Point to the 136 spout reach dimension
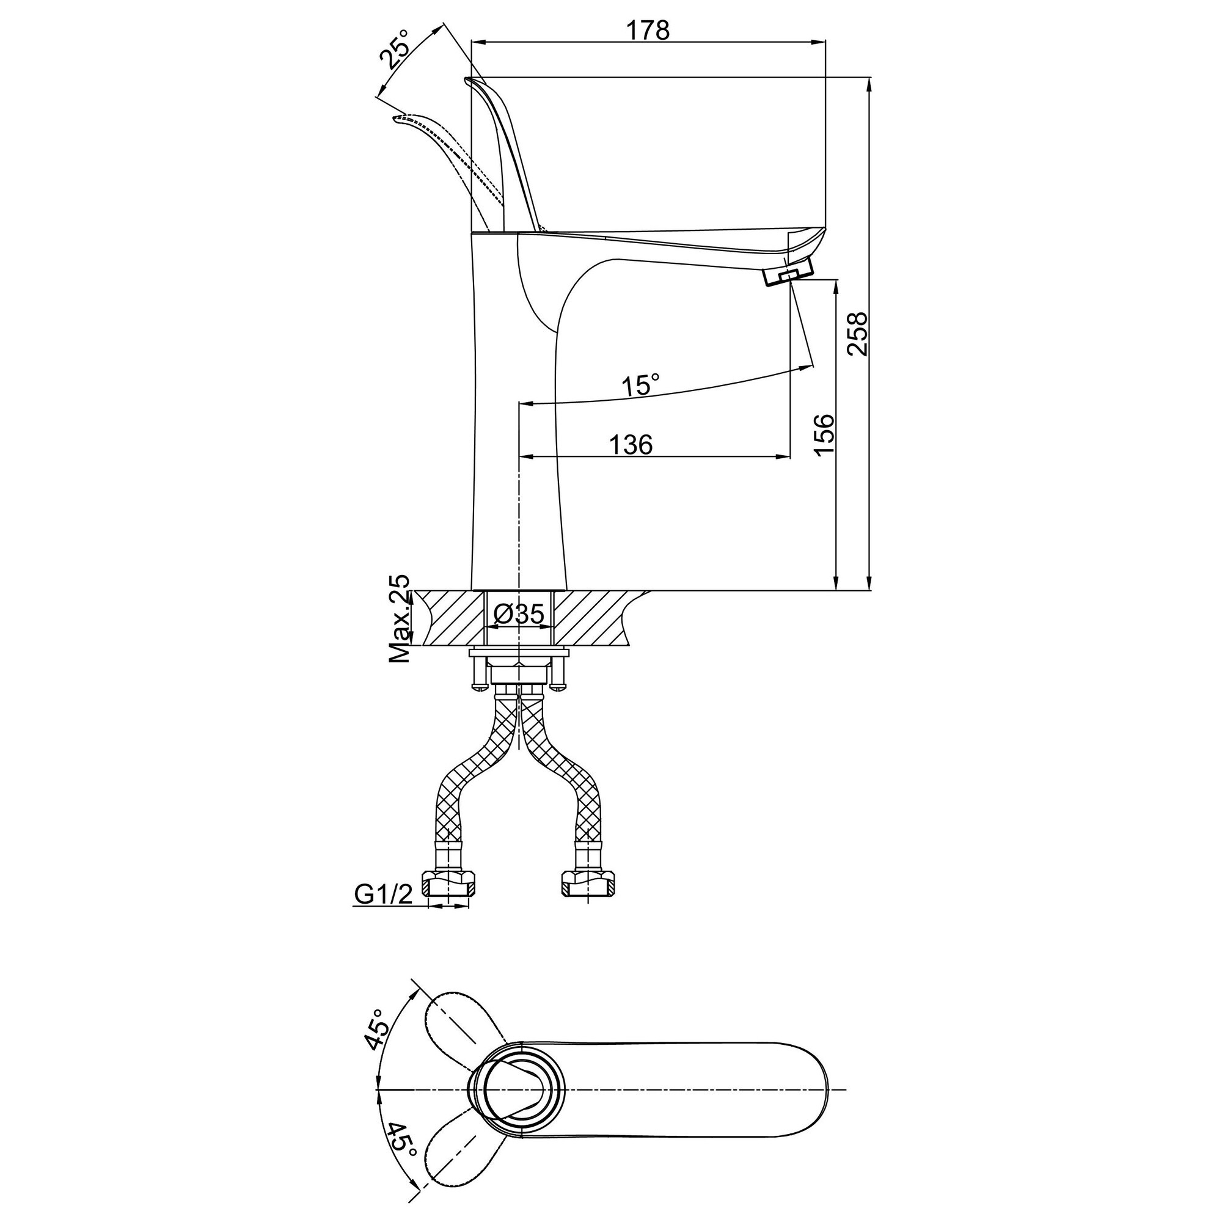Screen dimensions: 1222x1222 tap(631, 445)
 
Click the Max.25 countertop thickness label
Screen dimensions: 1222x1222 tap(399, 619)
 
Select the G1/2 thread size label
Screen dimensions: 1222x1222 tap(383, 894)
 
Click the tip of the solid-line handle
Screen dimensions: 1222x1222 tap(467, 79)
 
